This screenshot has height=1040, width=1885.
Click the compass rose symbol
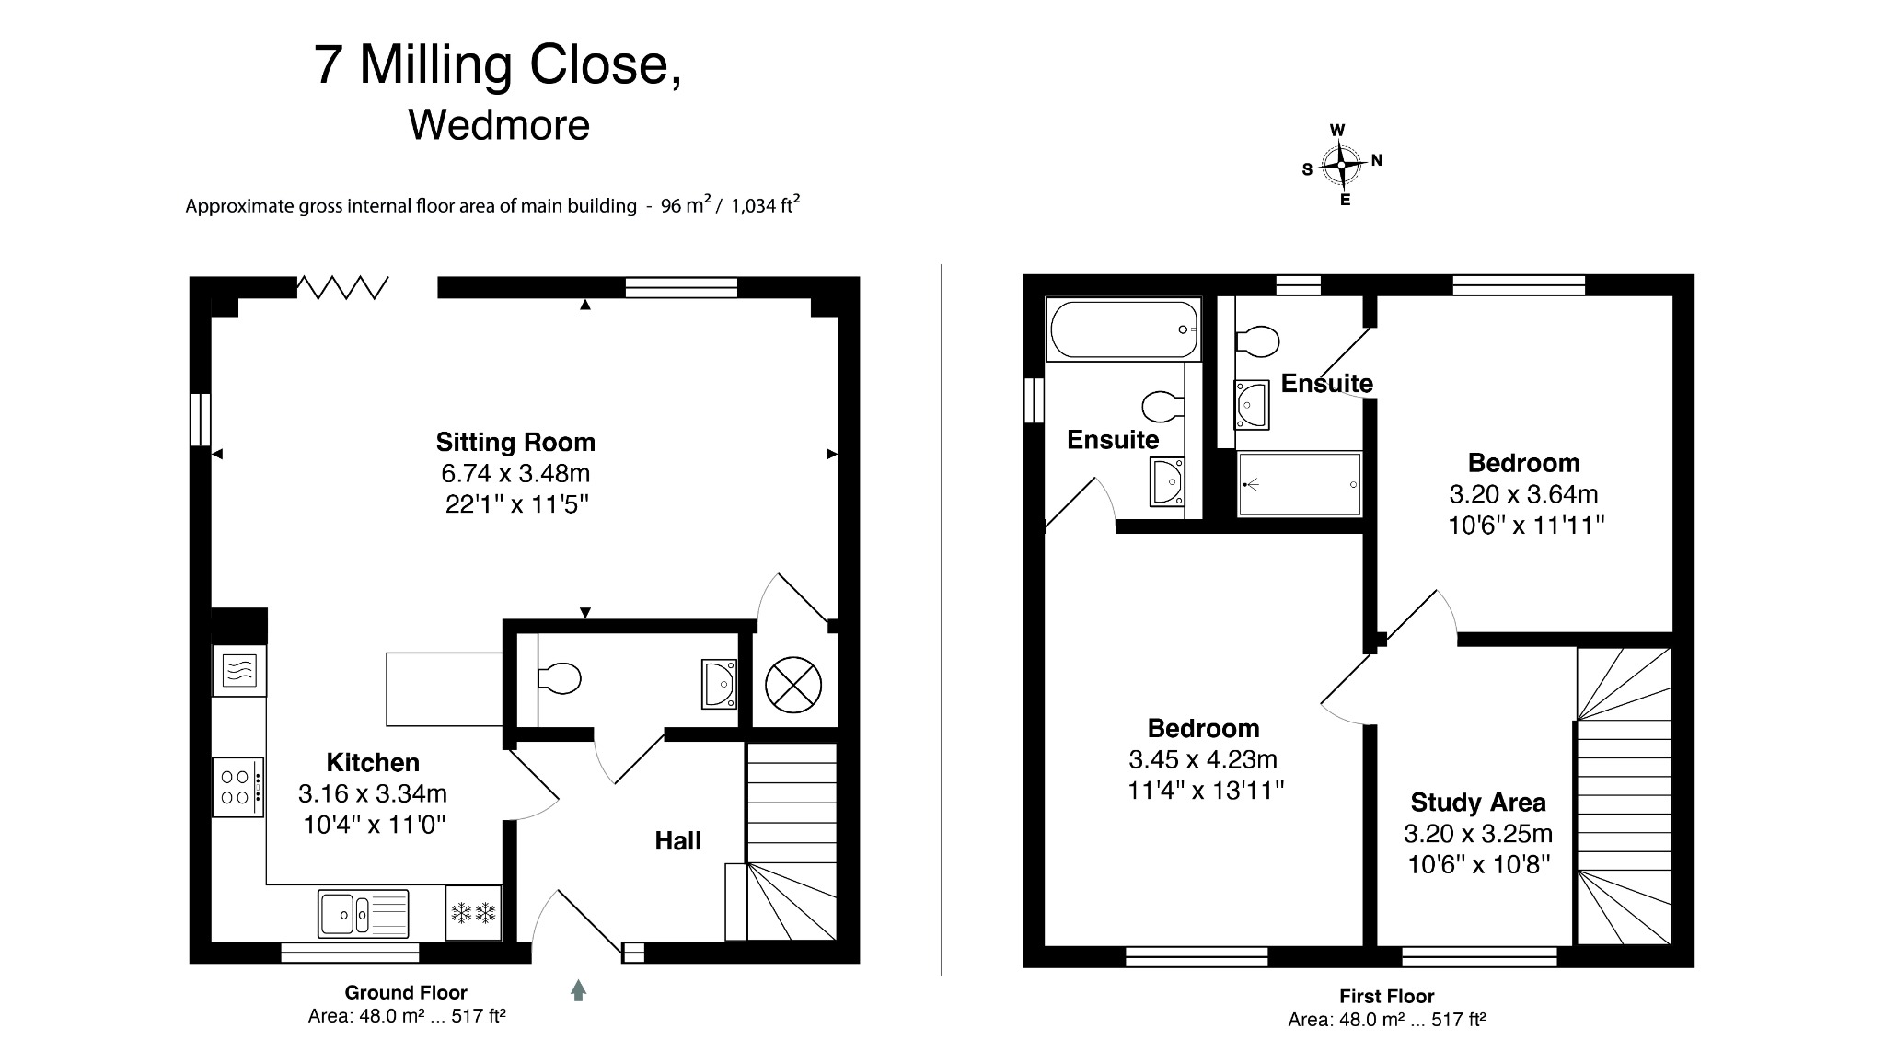coord(1341,166)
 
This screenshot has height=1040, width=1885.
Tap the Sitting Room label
coord(515,443)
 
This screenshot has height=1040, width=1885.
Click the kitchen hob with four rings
coord(238,787)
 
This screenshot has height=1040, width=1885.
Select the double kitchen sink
coord(364,912)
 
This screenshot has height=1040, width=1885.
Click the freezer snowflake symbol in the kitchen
coord(473,913)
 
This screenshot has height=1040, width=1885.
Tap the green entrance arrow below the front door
coord(578,990)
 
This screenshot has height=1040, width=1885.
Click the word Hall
coord(677,840)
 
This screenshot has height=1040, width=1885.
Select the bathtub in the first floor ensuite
coord(1123,329)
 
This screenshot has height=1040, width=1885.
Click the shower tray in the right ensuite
coord(1299,484)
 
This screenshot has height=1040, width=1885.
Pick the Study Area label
coord(1477,803)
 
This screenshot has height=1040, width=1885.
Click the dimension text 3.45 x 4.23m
coord(1203,759)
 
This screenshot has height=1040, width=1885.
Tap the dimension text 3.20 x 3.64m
coord(1523,494)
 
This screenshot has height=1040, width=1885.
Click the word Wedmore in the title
coord(499,125)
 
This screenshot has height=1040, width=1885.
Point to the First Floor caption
coord(1386,996)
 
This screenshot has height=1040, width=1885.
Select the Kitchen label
coord(373,762)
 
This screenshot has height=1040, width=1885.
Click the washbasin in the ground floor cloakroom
coord(719,684)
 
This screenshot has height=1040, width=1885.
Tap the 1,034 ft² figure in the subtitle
coord(765,205)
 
